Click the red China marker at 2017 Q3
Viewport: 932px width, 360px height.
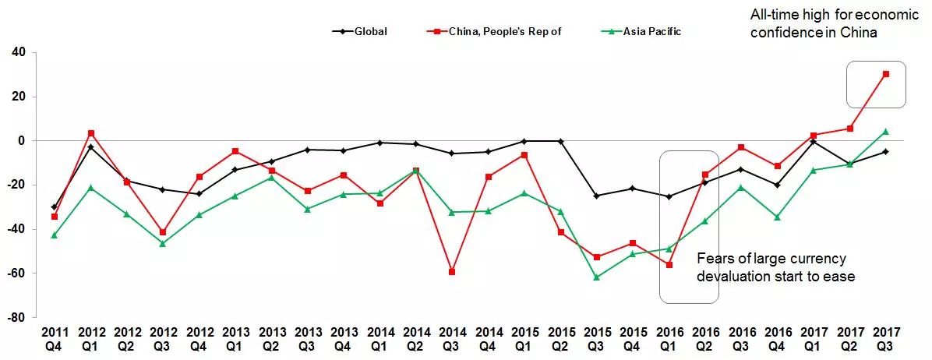pos(886,74)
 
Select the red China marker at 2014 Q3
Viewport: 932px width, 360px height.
pos(452,272)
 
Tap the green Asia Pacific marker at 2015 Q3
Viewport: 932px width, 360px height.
pos(597,277)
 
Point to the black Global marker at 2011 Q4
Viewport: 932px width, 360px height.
pos(55,207)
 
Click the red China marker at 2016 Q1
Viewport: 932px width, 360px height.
pos(669,265)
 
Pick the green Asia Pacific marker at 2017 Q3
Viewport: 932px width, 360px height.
pos(886,132)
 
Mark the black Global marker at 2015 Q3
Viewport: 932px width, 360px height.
pos(597,196)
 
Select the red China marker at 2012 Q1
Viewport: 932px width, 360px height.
pos(90,133)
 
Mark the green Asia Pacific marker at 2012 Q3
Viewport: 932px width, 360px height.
pos(163,244)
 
